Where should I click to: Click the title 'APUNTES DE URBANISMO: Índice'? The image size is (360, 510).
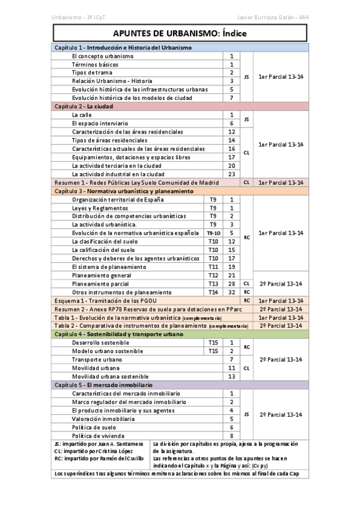180,34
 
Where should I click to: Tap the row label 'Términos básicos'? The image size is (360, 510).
95,64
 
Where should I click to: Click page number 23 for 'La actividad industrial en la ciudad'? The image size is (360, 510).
231,174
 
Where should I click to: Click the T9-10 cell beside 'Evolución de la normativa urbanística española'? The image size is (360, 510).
213,233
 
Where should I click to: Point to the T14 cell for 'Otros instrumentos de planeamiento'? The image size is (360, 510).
213,292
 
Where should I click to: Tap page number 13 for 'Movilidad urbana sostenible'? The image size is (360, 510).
231,376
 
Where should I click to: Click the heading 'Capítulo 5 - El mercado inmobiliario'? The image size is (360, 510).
103,384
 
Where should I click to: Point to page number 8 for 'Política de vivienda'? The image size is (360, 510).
231,435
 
